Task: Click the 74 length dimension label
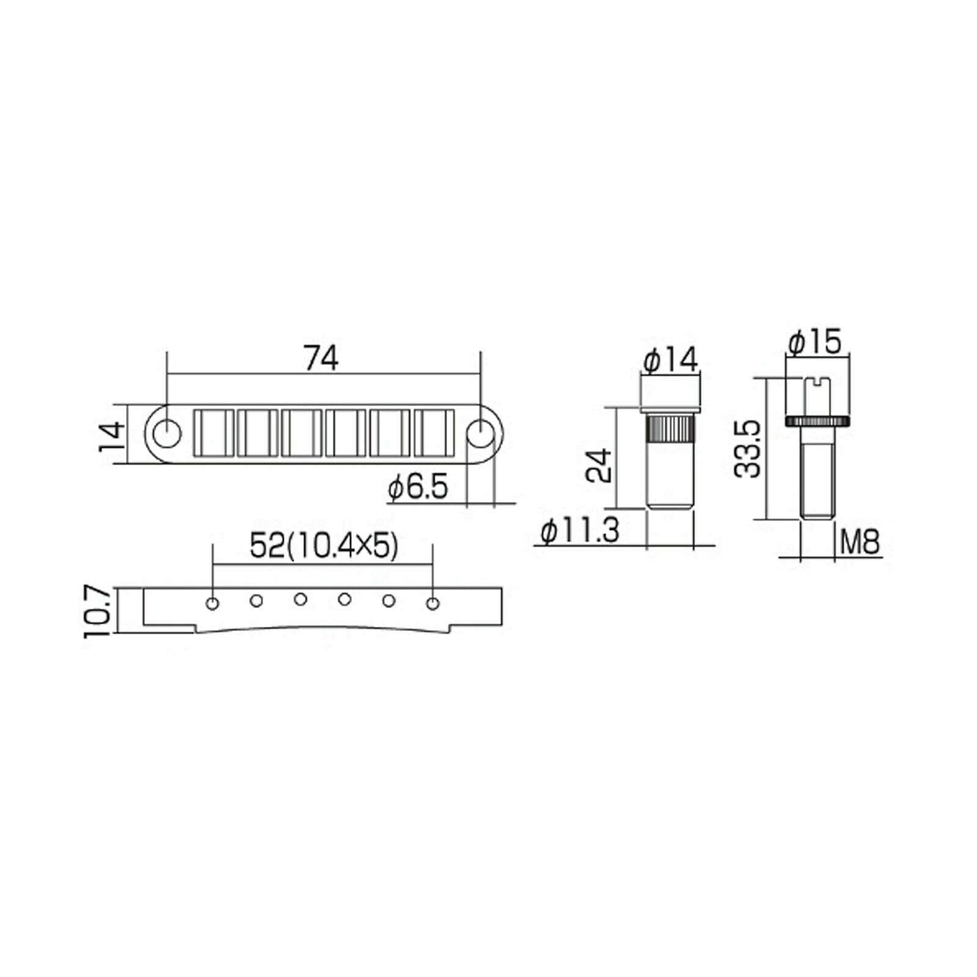tap(322, 360)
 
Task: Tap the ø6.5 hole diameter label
tap(418, 487)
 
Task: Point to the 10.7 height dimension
tap(96, 611)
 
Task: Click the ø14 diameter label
tap(670, 361)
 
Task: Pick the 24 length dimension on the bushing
tap(598, 465)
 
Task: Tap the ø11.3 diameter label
tap(580, 530)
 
